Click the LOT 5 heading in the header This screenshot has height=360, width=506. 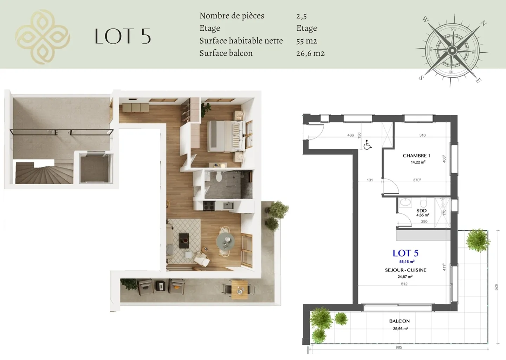pyautogui.click(x=123, y=36)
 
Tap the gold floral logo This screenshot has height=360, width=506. pyautogui.click(x=43, y=37)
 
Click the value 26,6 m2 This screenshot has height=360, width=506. pyautogui.click(x=310, y=53)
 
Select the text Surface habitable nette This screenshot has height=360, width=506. pyautogui.click(x=241, y=41)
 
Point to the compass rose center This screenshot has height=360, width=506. pyautogui.click(x=452, y=50)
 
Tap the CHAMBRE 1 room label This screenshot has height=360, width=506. pyautogui.click(x=416, y=155)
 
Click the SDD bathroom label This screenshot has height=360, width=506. pyautogui.click(x=422, y=210)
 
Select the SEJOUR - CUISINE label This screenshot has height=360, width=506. pyautogui.click(x=406, y=270)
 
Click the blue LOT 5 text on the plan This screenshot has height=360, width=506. pyautogui.click(x=406, y=253)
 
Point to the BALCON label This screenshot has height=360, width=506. pyautogui.click(x=400, y=321)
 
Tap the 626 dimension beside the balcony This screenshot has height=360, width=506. pyautogui.click(x=496, y=287)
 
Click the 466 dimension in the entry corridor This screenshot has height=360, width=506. pyautogui.click(x=350, y=135)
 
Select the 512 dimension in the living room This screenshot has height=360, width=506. pyautogui.click(x=404, y=284)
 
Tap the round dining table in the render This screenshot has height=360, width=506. pyautogui.click(x=225, y=241)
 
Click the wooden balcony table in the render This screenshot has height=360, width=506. pyautogui.click(x=239, y=290)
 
